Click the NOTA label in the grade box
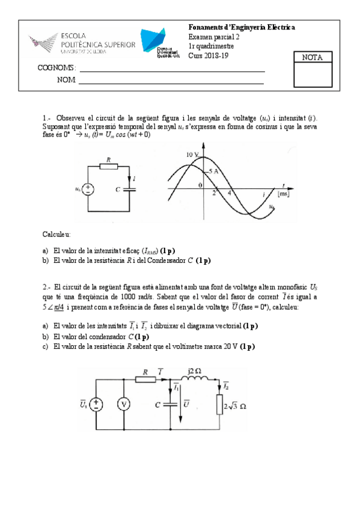pos(312,58)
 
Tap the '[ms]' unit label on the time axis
pos(284,194)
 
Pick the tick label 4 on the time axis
pos(229,194)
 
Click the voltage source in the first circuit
pos(88,189)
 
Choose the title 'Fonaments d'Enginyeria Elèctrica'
pos(242,28)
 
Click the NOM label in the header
pos(66,79)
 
